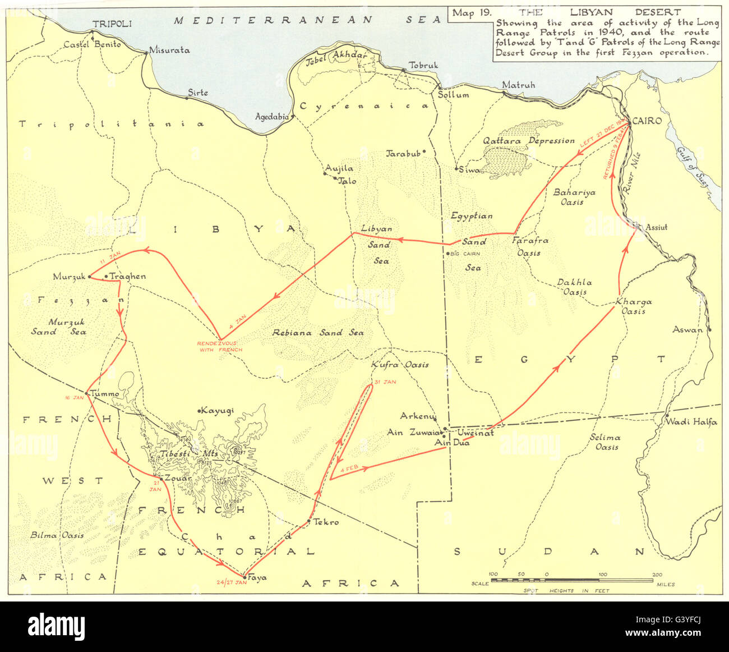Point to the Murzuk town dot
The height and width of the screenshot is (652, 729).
click(x=89, y=277)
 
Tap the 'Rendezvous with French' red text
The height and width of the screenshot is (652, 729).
click(x=219, y=347)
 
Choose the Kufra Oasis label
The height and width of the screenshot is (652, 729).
click(x=400, y=365)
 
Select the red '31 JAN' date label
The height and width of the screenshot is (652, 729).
click(x=385, y=382)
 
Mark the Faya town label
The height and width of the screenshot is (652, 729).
click(x=257, y=577)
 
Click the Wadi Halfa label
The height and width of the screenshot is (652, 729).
click(x=691, y=422)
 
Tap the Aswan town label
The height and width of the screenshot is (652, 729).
click(x=687, y=330)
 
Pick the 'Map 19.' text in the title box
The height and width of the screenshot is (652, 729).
click(x=471, y=14)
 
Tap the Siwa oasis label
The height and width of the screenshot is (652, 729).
click(x=471, y=169)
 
